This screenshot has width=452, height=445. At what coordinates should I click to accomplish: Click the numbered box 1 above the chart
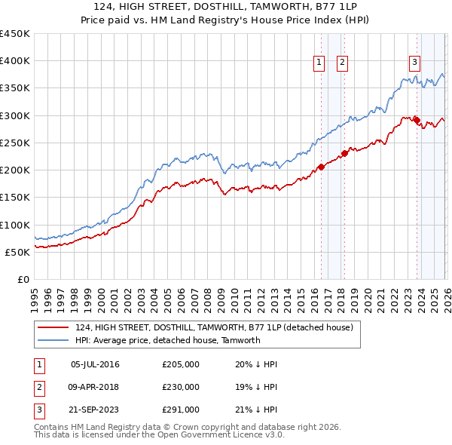click(x=319, y=63)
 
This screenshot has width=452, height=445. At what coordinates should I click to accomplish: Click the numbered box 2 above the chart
click(x=342, y=63)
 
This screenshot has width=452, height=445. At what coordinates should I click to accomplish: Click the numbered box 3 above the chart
click(x=414, y=63)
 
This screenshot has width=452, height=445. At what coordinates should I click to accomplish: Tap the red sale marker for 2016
click(x=321, y=167)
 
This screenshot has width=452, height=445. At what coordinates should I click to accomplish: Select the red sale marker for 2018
click(x=344, y=153)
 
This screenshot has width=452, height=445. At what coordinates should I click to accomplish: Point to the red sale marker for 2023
click(x=417, y=120)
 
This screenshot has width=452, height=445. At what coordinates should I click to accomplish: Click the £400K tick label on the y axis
click(x=15, y=61)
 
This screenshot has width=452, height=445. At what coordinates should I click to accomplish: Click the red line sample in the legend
click(x=53, y=328)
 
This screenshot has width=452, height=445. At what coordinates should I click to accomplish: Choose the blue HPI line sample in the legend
click(x=53, y=340)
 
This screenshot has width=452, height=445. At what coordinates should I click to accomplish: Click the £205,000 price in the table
click(x=181, y=364)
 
